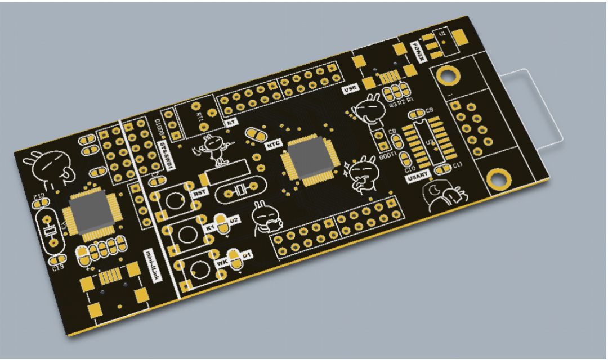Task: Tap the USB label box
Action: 350,89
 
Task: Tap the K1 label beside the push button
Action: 211,228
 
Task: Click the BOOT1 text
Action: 388,155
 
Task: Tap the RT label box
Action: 230,122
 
